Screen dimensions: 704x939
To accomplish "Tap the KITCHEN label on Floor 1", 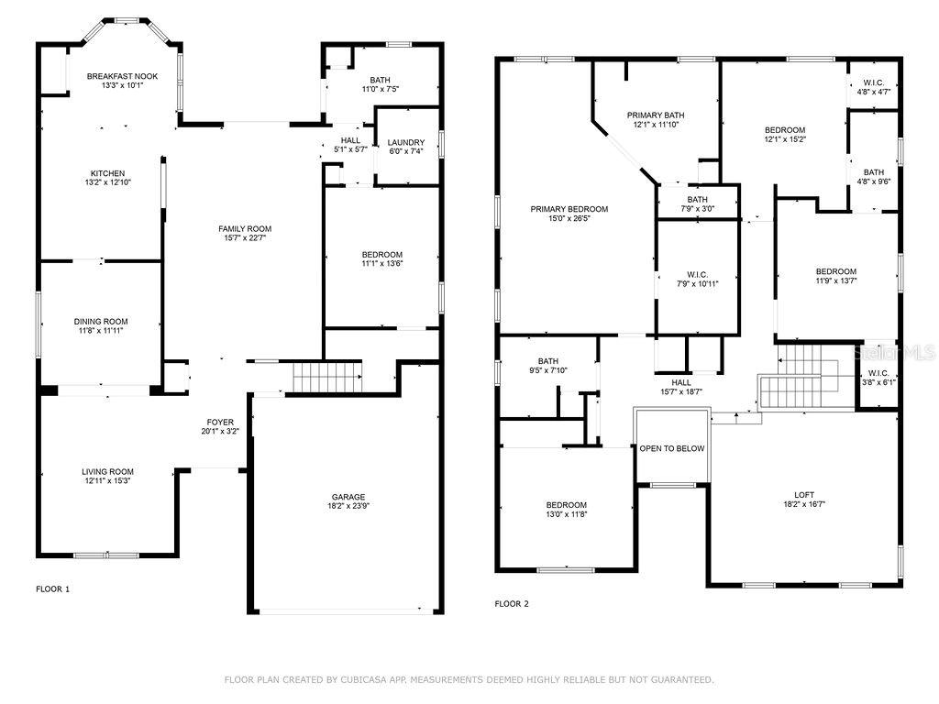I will coord(107,174).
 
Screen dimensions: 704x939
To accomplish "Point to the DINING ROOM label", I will coord(101,322).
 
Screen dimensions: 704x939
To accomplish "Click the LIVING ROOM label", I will coord(107,472).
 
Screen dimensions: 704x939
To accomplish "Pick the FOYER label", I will coord(220,423).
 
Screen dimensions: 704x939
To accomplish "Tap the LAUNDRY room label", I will coord(405,143).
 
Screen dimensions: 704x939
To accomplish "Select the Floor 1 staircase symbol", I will coord(326,376).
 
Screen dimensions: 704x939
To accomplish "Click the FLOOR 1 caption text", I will coord(52,589).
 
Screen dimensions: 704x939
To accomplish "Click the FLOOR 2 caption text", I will coord(512,604).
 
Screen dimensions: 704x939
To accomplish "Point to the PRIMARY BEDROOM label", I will coord(569,209).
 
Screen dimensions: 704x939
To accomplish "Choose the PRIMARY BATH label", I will coord(656,115).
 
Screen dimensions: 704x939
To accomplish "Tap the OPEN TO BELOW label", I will coord(672,448).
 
